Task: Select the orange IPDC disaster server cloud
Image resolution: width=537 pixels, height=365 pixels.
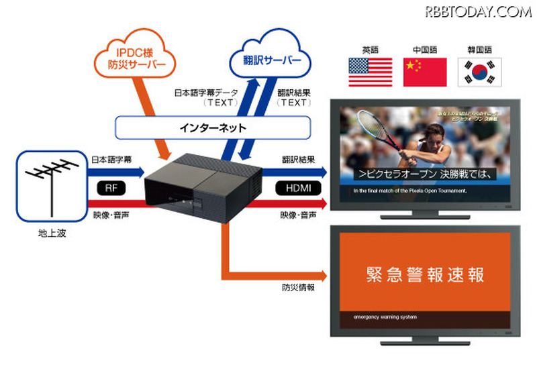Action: (142, 58)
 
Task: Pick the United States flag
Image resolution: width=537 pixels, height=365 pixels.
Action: (369, 72)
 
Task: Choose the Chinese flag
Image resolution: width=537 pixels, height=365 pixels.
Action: (424, 72)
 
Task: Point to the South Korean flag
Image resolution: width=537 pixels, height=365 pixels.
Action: (479, 72)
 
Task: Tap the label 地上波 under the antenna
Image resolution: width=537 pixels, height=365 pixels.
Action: (52, 234)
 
